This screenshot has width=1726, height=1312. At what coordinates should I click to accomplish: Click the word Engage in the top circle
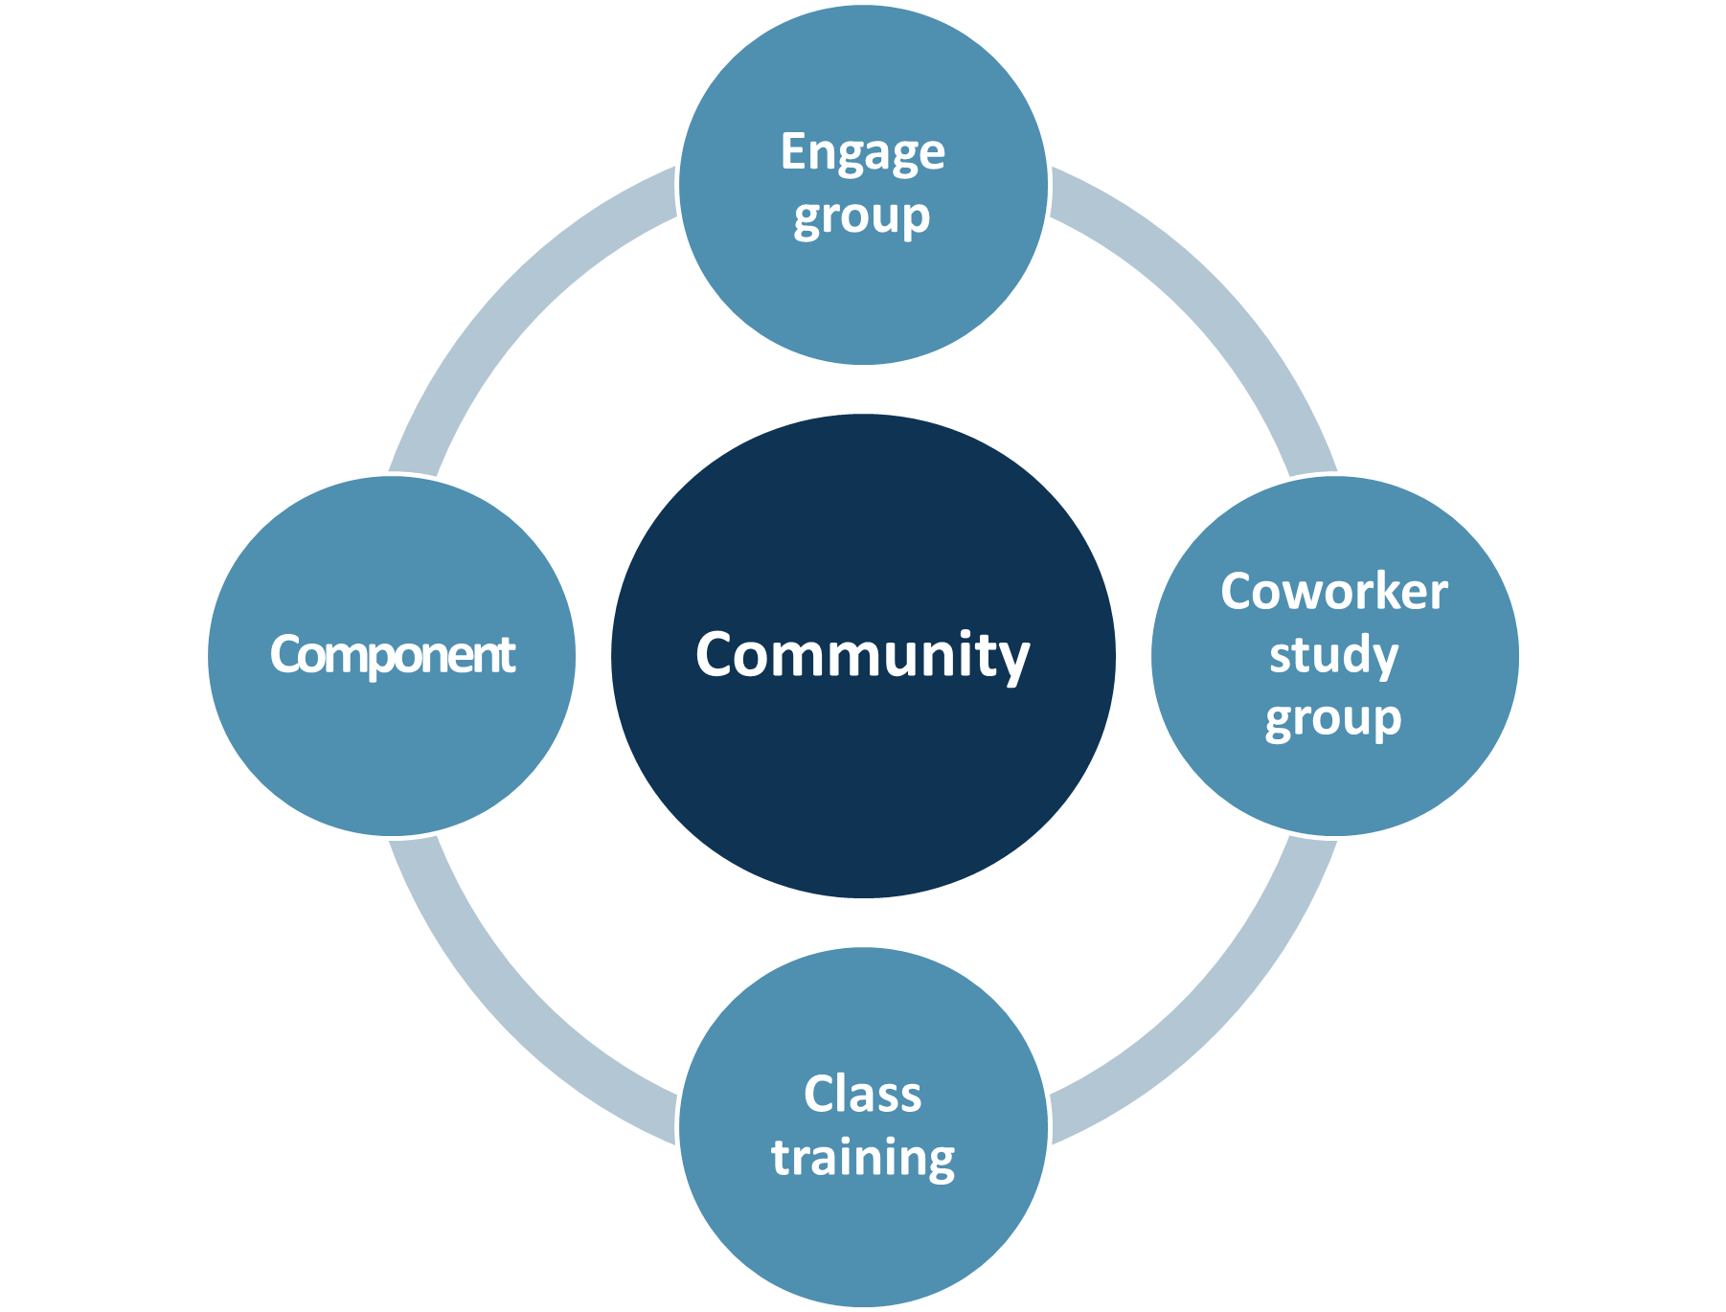pyautogui.click(x=862, y=153)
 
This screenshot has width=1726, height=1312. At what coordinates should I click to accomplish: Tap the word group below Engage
pyautogui.click(x=861, y=217)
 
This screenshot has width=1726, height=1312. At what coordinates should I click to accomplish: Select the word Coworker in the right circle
pyautogui.click(x=1333, y=592)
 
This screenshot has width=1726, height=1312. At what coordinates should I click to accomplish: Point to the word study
pyautogui.click(x=1333, y=656)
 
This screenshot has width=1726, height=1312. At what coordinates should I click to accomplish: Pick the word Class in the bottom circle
pyautogui.click(x=862, y=1095)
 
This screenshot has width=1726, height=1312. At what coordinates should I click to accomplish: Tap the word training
pyautogui.click(x=863, y=1158)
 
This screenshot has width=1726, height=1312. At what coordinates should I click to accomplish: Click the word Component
pyautogui.click(x=392, y=656)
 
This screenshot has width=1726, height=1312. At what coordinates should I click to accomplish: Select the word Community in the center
pyautogui.click(x=862, y=656)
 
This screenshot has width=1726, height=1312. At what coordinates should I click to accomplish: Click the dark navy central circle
pyautogui.click(x=862, y=785)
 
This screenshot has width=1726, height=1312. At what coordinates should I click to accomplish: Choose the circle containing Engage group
pyautogui.click(x=862, y=297)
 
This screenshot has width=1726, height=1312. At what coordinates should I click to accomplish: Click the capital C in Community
pyautogui.click(x=717, y=655)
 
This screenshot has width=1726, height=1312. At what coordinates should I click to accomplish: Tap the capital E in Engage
pyautogui.click(x=792, y=151)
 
